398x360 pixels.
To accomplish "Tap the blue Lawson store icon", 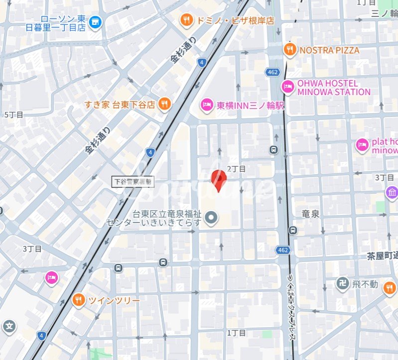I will [95, 21].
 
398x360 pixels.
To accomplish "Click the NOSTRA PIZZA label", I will [329, 50].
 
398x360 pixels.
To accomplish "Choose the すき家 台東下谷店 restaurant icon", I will [164, 104].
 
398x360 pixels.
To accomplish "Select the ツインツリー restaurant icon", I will [78, 300].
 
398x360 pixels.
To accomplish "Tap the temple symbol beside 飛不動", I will [342, 284].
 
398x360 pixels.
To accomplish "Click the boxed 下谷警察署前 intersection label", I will [133, 182].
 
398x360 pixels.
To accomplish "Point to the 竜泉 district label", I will [310, 214].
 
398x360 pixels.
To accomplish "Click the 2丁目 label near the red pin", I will [236, 169].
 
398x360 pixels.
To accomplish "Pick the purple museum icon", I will [392, 192].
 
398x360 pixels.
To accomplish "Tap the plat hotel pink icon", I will [362, 145].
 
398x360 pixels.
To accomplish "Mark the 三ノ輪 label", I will [384, 13].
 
